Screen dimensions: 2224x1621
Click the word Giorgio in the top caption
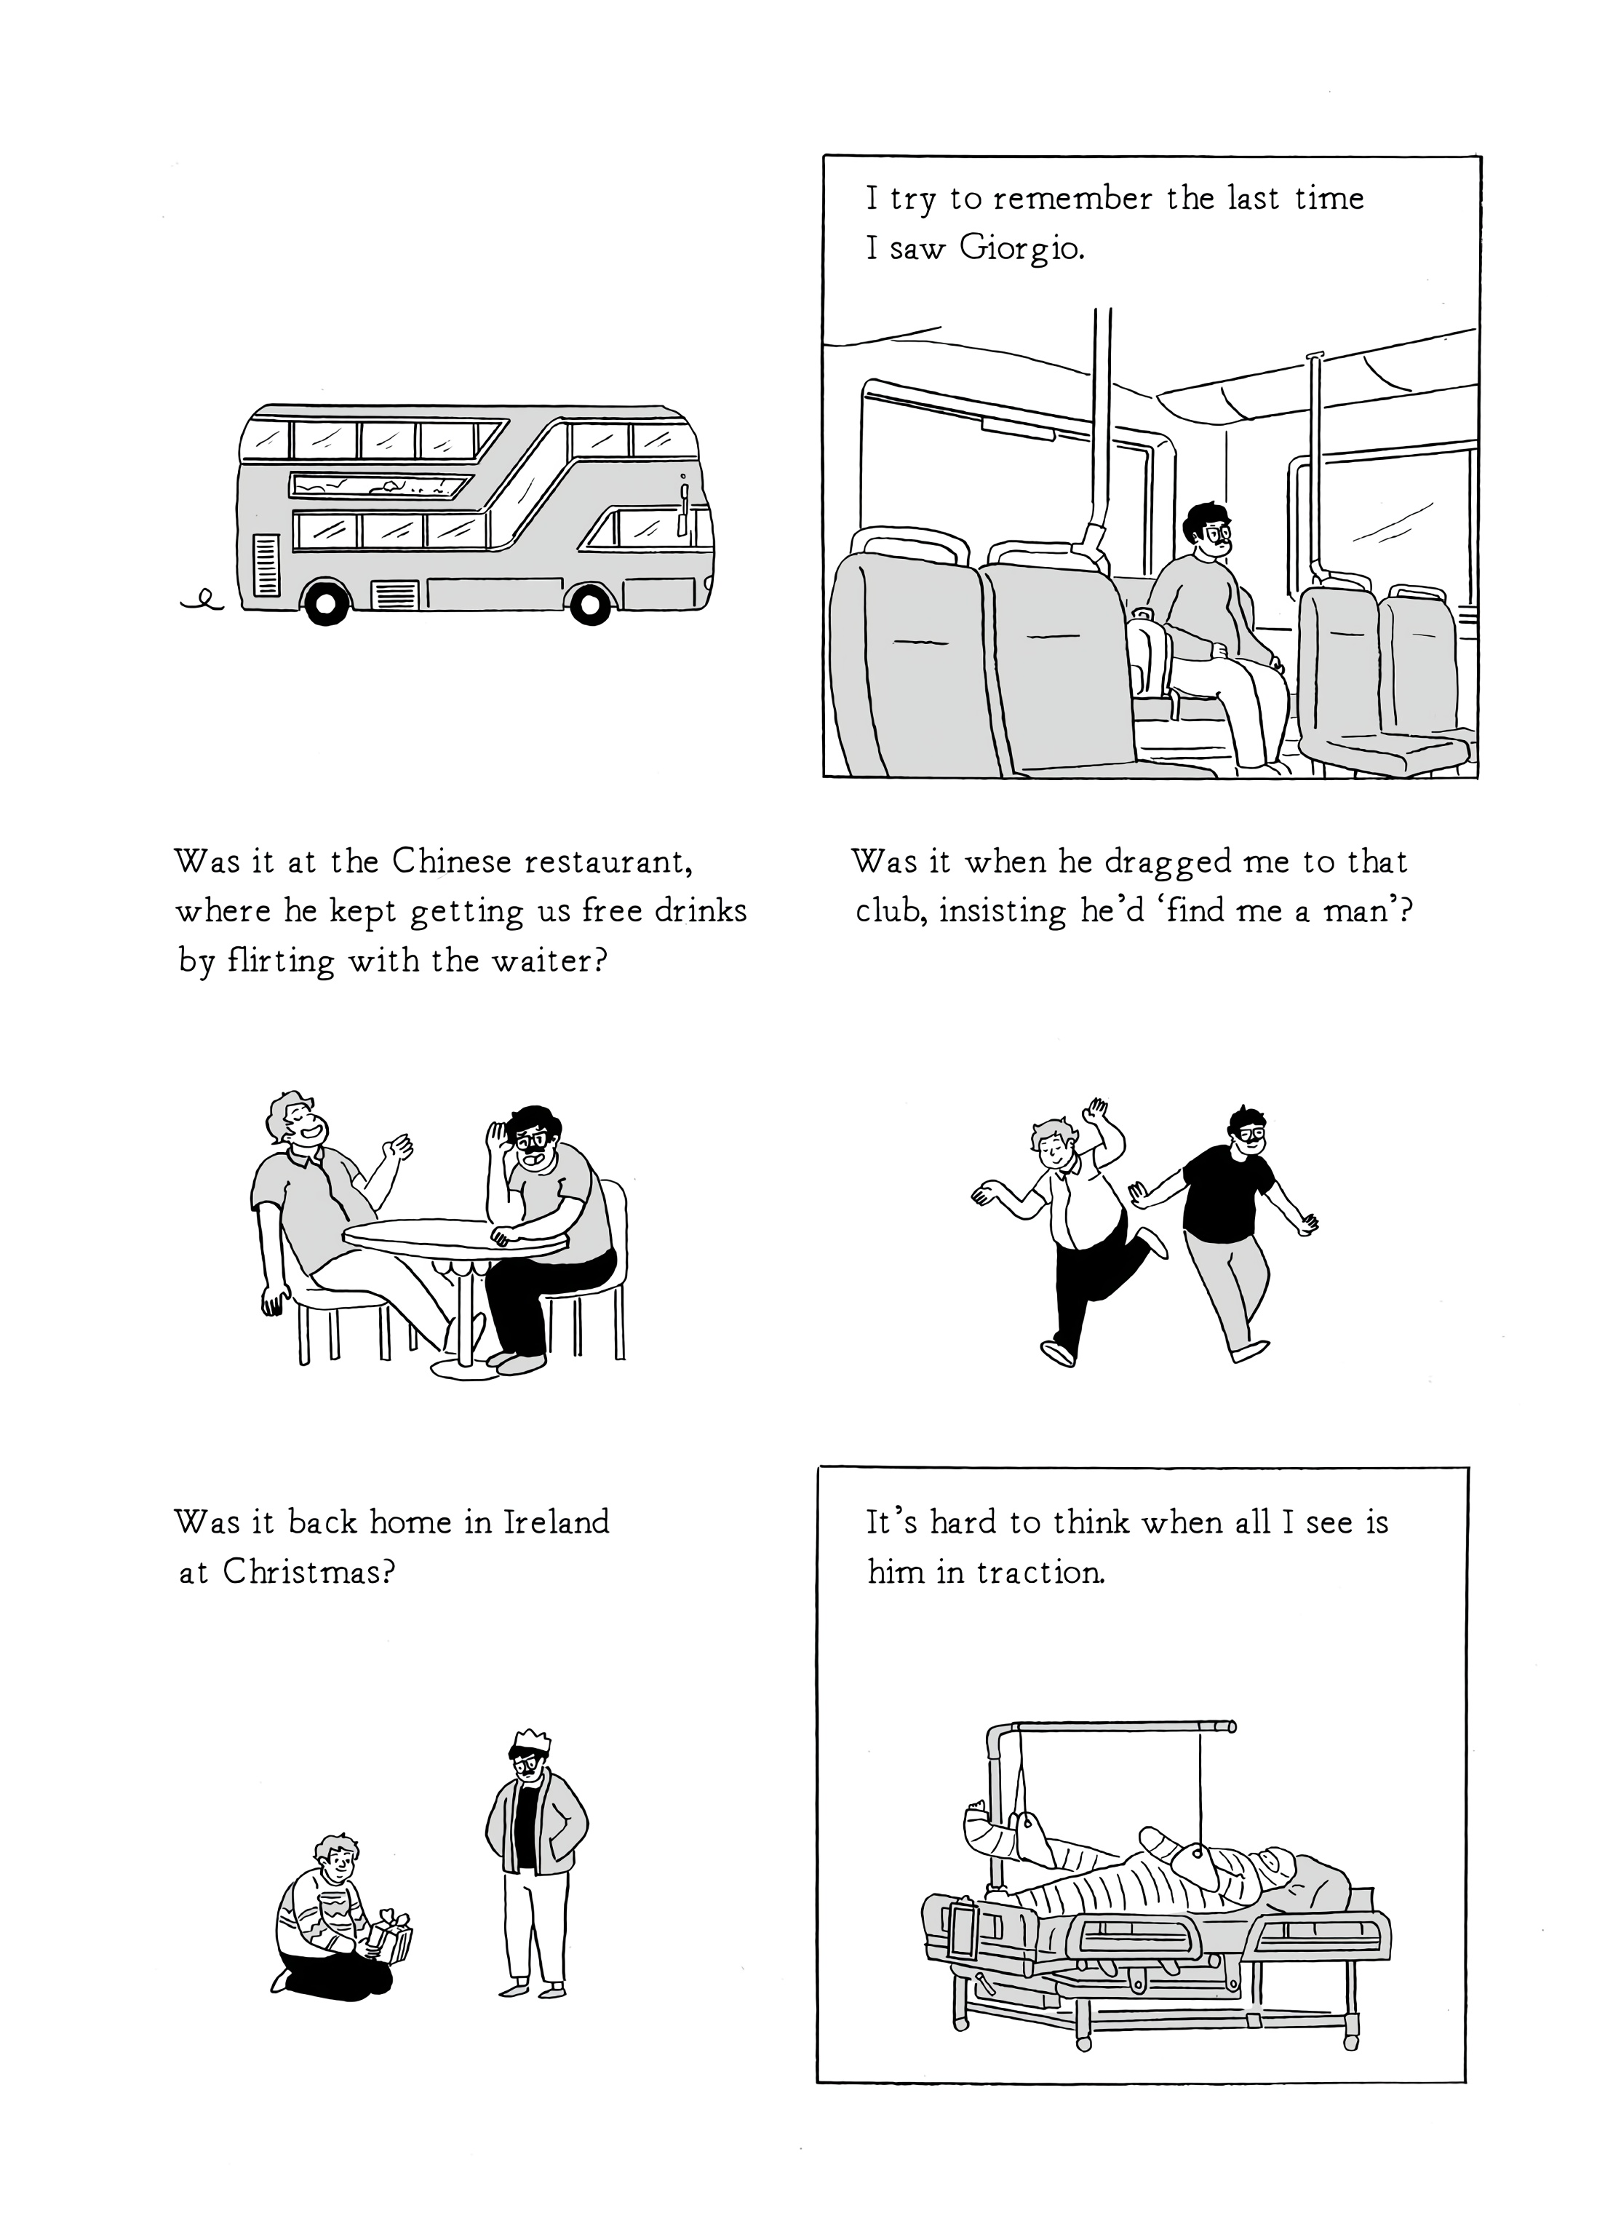(x=1021, y=250)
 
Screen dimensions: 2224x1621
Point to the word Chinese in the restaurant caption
(x=451, y=862)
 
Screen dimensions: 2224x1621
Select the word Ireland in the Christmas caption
(x=557, y=1522)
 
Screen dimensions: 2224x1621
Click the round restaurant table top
(x=454, y=1236)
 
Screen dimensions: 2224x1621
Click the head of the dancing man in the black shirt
(x=1245, y=1131)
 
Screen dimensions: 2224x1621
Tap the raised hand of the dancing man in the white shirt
(x=1097, y=1114)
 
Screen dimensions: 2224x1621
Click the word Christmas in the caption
(x=307, y=1573)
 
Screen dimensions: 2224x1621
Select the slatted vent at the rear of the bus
(x=266, y=564)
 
